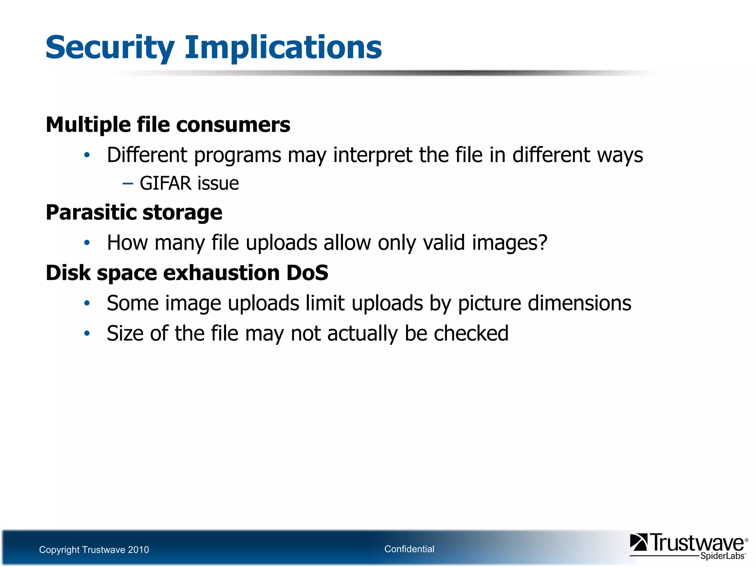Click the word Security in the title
(110, 48)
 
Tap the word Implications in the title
(283, 48)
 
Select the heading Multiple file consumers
(168, 125)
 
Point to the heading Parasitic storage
(134, 213)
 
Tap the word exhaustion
(221, 274)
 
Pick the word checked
(471, 333)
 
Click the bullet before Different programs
(87, 155)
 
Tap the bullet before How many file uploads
(87, 243)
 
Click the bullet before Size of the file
(87, 334)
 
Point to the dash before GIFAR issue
(128, 183)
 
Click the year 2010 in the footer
(138, 550)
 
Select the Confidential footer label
(409, 549)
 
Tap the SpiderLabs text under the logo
(722, 556)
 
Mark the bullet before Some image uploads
(87, 303)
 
